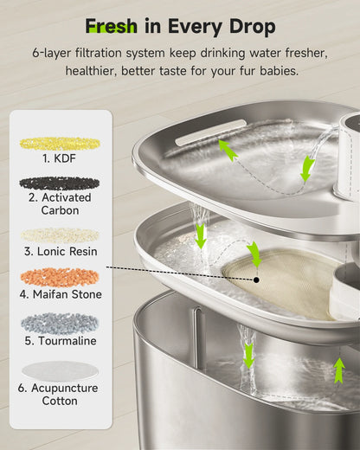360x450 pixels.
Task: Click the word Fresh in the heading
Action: pos(112,25)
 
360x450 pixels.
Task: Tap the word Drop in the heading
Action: pos(251,25)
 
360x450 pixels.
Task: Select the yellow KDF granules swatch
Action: pos(60,143)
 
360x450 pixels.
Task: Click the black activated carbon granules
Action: pos(60,183)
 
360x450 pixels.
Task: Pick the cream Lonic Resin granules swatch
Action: pos(60,235)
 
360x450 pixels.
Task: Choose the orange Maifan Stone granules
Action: pos(60,278)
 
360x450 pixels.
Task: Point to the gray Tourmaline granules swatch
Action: pos(60,322)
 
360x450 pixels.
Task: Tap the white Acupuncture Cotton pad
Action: pos(60,370)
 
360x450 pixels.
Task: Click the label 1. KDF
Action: pos(60,159)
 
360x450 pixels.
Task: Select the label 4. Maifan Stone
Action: pos(60,294)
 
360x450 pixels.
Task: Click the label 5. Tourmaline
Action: pos(60,340)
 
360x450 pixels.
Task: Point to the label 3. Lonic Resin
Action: pos(60,251)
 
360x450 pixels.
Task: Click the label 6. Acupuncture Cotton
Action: pos(60,395)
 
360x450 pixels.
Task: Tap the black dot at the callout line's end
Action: pos(258,280)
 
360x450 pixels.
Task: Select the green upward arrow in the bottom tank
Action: pos(339,370)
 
